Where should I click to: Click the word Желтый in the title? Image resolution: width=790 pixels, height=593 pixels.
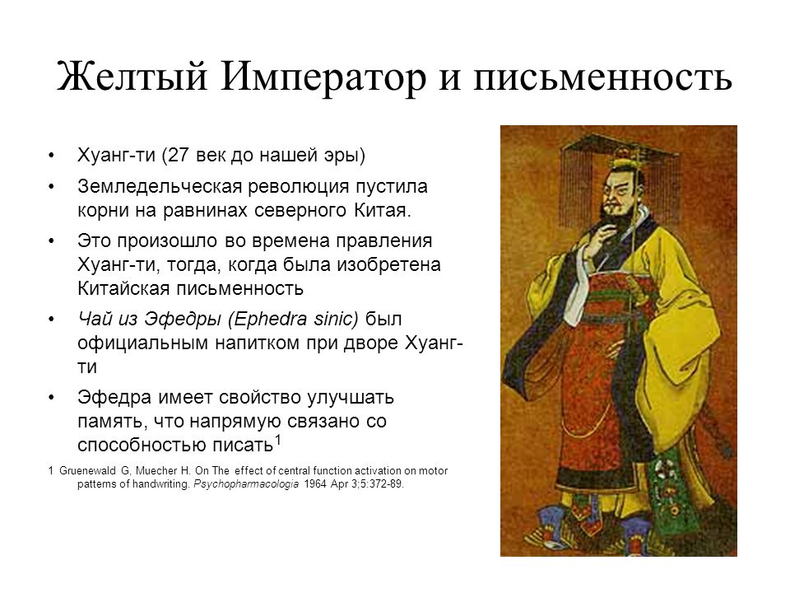click(x=132, y=77)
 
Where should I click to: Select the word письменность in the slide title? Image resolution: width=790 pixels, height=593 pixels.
click(x=602, y=77)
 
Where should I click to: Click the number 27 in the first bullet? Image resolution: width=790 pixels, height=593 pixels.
click(x=179, y=155)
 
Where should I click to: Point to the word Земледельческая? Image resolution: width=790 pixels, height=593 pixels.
click(x=160, y=187)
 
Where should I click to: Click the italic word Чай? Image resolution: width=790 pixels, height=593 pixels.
click(x=94, y=320)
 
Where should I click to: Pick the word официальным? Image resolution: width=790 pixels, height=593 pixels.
click(x=142, y=343)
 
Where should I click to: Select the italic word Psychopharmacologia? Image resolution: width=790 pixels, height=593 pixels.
click(x=246, y=484)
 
